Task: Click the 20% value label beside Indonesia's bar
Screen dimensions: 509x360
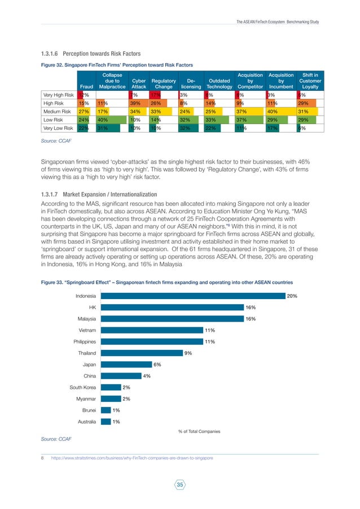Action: click(292, 296)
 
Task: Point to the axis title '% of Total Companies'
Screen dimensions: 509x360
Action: click(199, 431)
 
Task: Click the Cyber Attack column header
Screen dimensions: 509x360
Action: click(138, 84)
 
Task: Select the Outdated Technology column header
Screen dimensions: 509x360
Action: click(219, 84)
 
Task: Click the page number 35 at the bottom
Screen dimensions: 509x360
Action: click(180, 484)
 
